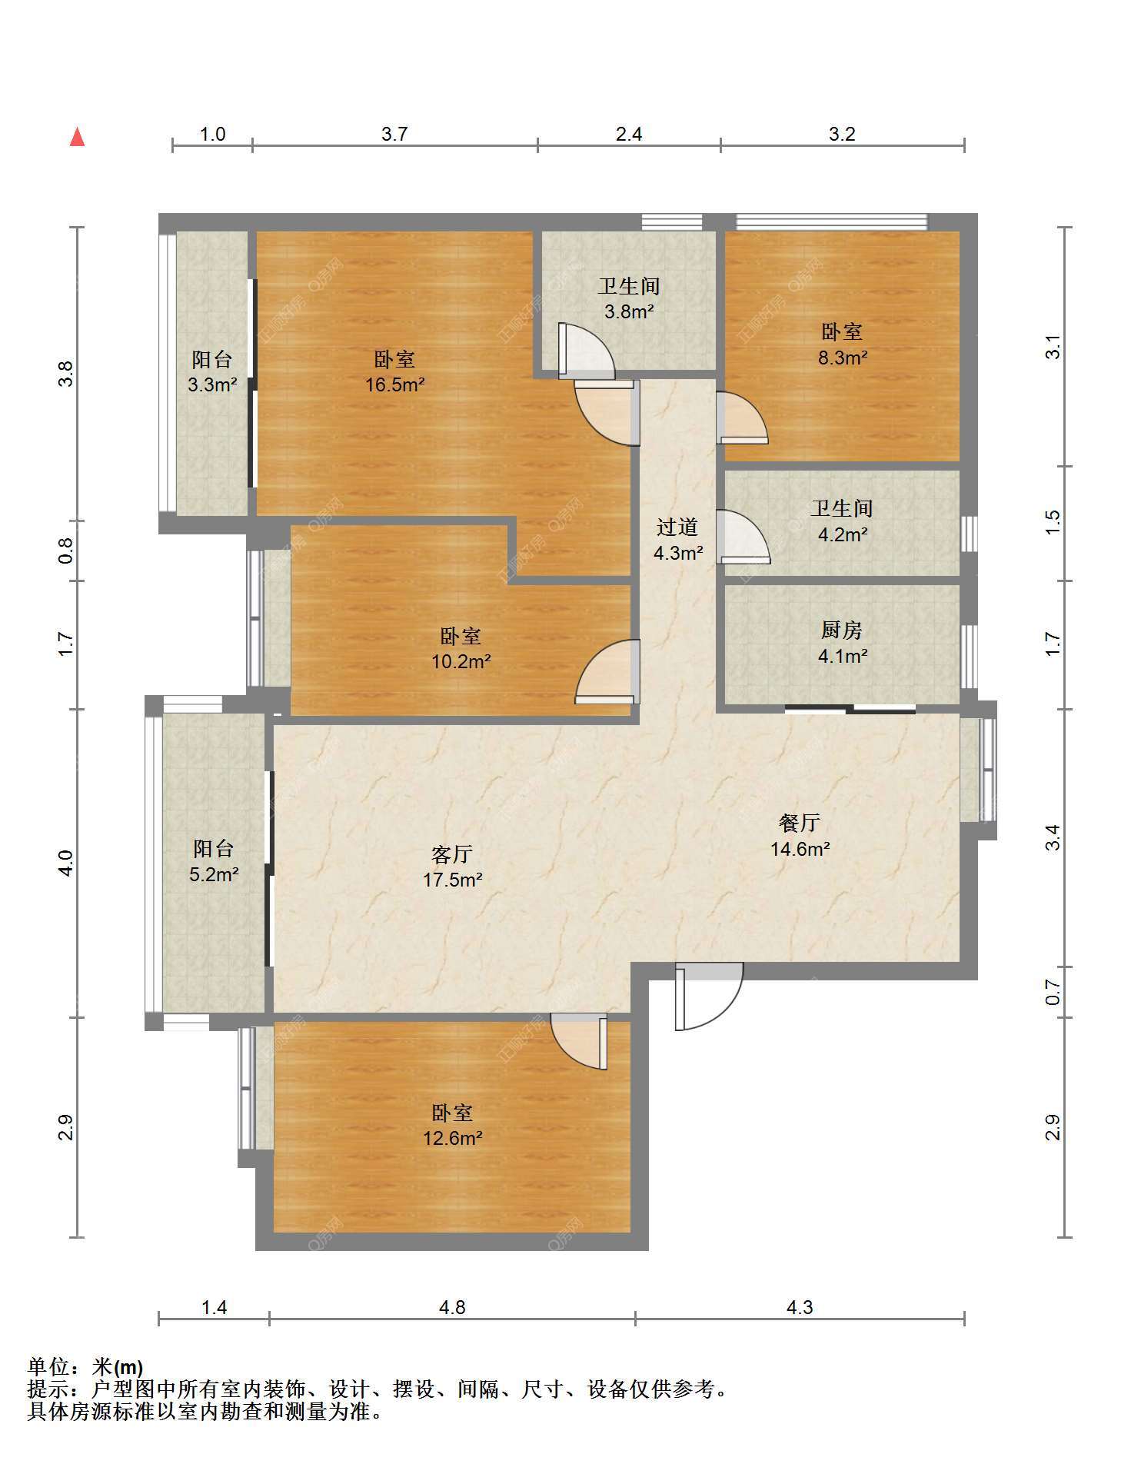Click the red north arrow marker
pos(77,137)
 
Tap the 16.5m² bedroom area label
pos(395,372)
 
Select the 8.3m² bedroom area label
pos(843,344)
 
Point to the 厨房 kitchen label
pos(842,630)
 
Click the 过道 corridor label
pos(677,527)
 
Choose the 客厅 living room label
pos(452,854)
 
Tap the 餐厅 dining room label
pos(800,823)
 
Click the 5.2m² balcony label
pos(214,861)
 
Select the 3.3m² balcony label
pos(212,372)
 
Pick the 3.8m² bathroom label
pos(629,299)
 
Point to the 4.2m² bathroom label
pos(843,521)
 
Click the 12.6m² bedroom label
pos(453,1125)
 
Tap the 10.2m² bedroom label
pos(461,649)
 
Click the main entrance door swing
pos(709,996)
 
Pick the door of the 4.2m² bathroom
pos(743,537)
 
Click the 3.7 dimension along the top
pos(394,135)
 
